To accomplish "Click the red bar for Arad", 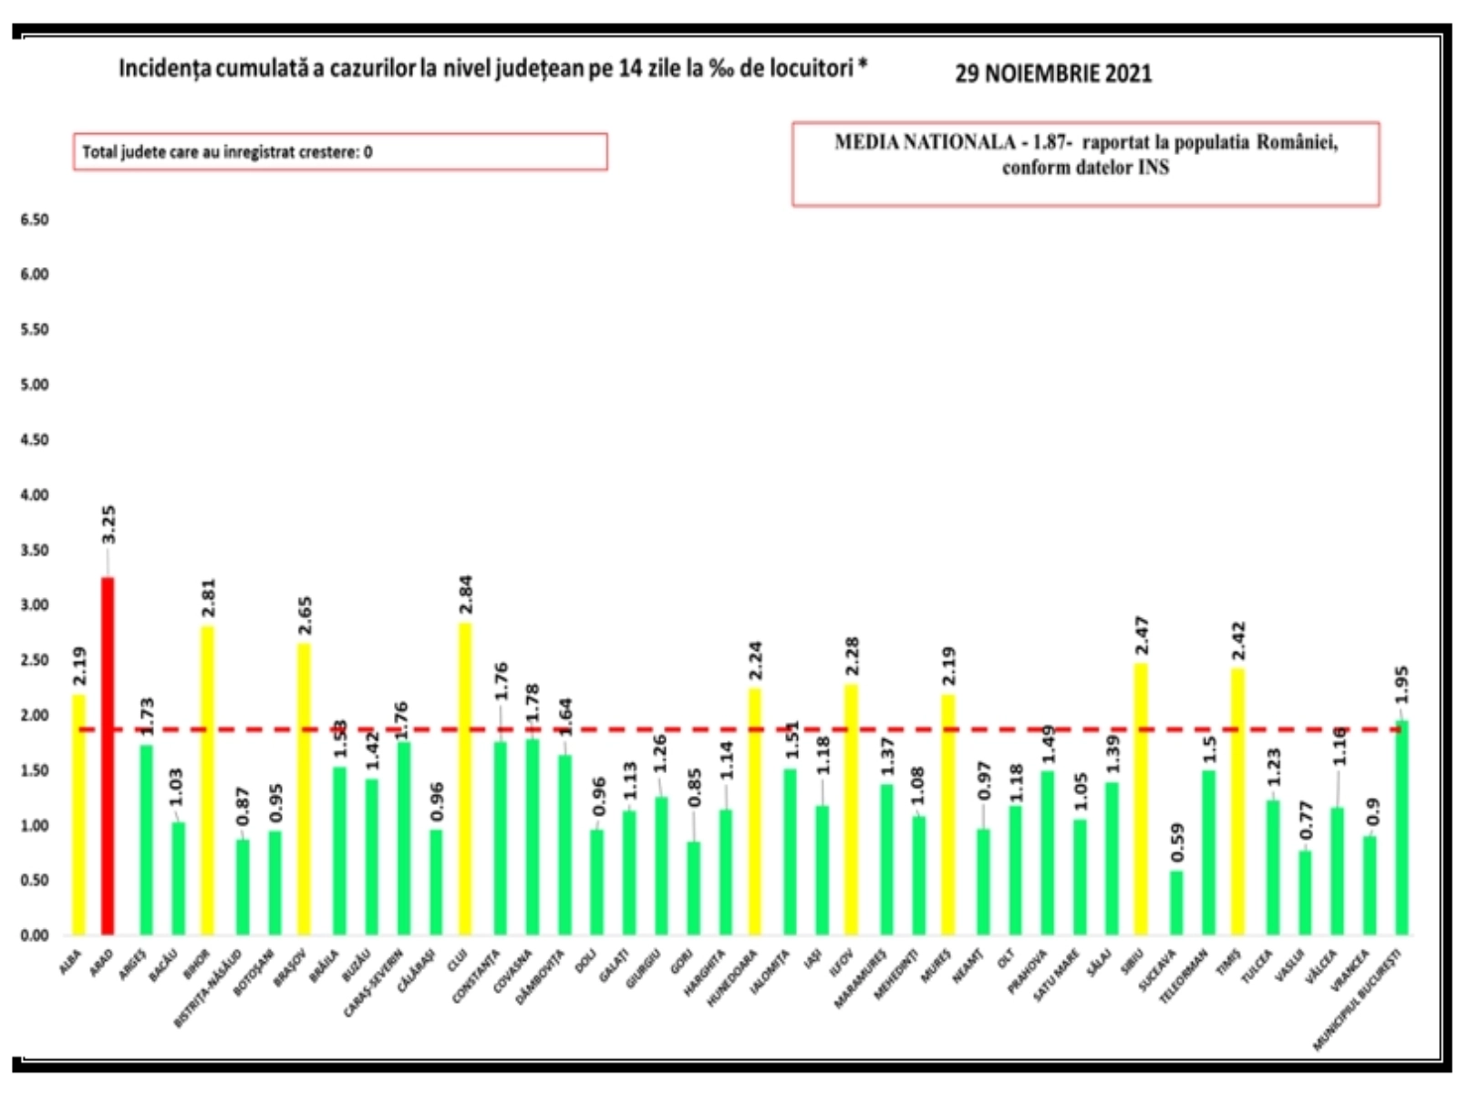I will pos(108,756).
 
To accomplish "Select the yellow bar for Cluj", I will pos(465,779).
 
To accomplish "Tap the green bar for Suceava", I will pos(1176,903).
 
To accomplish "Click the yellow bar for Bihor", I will pos(207,779).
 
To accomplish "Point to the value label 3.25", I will pos(109,525).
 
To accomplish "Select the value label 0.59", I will pos(1177,843).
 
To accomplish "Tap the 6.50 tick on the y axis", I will pos(35,220).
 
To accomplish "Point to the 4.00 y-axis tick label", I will pos(35,495).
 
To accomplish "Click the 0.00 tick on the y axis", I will pos(35,935).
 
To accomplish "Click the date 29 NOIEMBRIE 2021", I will pos(1053,73).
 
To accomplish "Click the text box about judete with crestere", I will pos(340,152).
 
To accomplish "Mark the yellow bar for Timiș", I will pos(1237,801).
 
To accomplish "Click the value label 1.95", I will pos(1402,685).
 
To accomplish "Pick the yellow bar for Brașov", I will pos(305,789).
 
